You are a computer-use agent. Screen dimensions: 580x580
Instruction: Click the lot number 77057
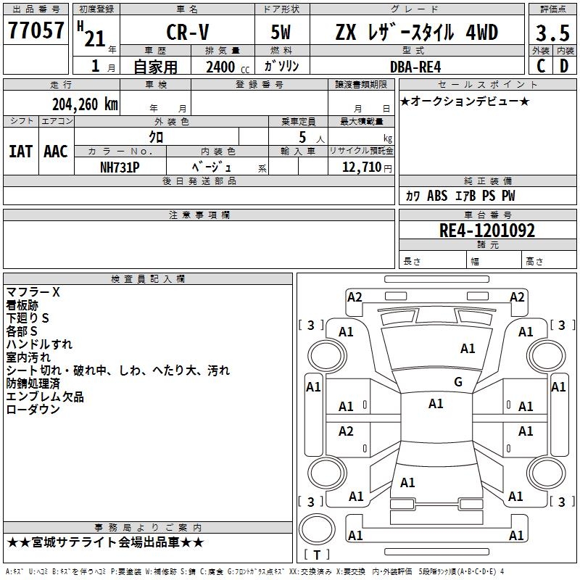[x=36, y=30]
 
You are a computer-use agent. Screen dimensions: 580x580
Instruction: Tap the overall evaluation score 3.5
[x=552, y=33]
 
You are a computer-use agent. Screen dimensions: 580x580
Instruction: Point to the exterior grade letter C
[x=540, y=66]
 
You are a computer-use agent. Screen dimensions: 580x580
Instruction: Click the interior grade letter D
[x=564, y=66]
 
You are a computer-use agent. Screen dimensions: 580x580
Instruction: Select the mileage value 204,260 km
[x=85, y=104]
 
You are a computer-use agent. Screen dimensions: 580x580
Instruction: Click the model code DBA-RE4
[x=416, y=67]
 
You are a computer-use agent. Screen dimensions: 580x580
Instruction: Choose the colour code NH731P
[x=120, y=167]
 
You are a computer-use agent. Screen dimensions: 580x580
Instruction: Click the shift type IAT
[x=20, y=151]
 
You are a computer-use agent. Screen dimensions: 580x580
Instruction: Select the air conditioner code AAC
[x=55, y=151]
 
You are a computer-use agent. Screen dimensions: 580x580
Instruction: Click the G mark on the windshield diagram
[x=457, y=382]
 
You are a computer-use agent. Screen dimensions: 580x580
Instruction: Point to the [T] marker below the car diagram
[x=316, y=555]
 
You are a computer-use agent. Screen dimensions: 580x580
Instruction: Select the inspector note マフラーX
[x=33, y=292]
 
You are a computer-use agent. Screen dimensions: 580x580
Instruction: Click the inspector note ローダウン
[x=33, y=410]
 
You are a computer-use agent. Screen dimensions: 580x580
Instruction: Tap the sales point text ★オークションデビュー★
[x=465, y=101]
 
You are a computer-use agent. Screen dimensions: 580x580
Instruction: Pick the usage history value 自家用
[x=155, y=67]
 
